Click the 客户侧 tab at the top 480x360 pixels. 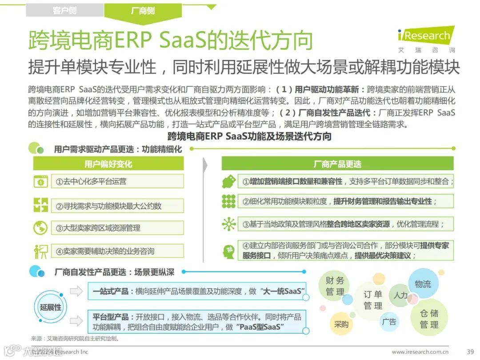64,10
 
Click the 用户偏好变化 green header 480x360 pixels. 108,164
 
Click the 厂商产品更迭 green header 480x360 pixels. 337,164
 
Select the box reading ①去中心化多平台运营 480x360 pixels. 117,181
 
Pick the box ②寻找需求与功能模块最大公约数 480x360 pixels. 117,206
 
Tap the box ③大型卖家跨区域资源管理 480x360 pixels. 117,228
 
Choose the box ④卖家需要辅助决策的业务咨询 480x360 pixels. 117,251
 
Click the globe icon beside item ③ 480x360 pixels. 40,228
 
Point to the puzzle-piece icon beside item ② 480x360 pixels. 40,205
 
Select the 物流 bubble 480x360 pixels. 423,284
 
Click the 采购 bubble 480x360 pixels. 341,324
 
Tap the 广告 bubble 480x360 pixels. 389,321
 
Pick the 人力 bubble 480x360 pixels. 400,295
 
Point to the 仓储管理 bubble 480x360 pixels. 429,319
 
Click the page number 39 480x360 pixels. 470,352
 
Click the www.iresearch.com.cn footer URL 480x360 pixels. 420,352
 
